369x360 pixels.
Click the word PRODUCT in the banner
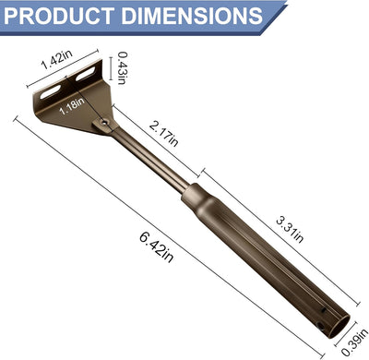[59, 16]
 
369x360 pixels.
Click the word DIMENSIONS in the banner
[192, 16]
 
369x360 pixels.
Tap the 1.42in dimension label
[57, 59]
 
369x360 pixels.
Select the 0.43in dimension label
[122, 67]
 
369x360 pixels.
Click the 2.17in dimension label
[163, 134]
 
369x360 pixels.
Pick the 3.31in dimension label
[290, 230]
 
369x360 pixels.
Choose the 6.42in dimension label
[157, 246]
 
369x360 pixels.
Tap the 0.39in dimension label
[354, 342]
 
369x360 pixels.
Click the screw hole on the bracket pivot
[105, 123]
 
